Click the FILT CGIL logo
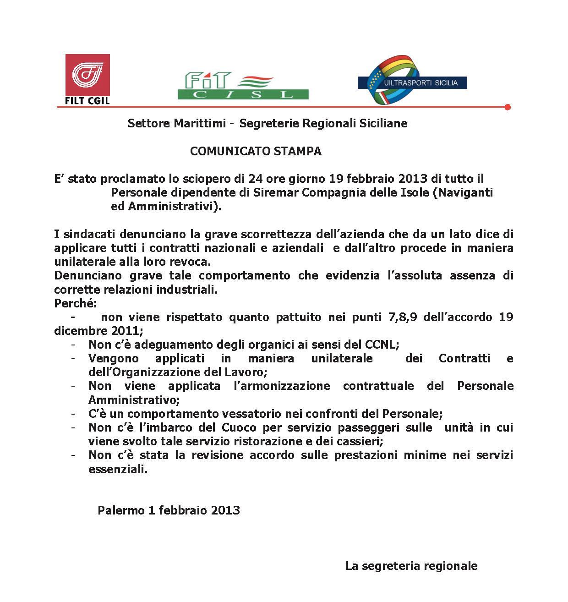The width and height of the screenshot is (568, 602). tap(87, 79)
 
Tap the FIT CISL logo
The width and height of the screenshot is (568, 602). tap(243, 86)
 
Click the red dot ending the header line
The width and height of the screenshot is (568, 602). tap(507, 107)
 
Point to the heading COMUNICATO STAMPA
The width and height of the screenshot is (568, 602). tap(256, 151)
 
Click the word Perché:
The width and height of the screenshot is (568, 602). tap(76, 303)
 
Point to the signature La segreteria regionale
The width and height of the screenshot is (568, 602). tap(411, 566)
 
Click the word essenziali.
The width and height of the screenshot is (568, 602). tap(118, 469)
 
